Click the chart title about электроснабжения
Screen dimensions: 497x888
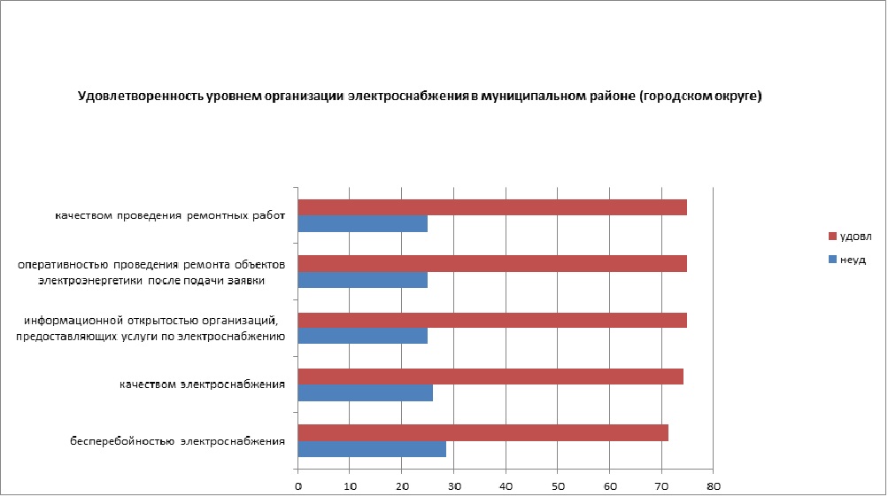tap(420, 96)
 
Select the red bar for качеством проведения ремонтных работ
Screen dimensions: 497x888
tap(492, 207)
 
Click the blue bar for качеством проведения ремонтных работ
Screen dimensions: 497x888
tap(363, 224)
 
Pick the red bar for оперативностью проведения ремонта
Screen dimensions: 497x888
tap(492, 263)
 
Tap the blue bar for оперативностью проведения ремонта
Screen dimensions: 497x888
tap(363, 280)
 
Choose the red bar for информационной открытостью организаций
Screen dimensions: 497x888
tap(492, 319)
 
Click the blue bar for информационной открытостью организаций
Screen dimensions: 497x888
tap(363, 336)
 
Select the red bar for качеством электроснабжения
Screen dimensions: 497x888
tap(490, 377)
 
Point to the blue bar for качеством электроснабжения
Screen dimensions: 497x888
tap(366, 392)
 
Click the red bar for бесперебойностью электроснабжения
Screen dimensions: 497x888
tap(483, 432)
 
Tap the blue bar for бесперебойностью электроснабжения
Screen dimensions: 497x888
tap(372, 449)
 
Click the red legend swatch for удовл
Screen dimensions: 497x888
tap(831, 237)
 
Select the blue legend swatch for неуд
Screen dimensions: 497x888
tap(831, 260)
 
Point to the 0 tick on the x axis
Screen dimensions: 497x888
tap(298, 486)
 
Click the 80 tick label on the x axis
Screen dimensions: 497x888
tap(713, 486)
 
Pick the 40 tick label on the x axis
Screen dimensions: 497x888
tap(506, 486)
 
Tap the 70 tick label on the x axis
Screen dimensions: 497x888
tap(661, 486)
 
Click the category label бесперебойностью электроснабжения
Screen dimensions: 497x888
tap(178, 440)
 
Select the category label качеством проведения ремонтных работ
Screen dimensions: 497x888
tap(168, 215)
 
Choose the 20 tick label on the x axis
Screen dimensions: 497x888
tap(402, 486)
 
